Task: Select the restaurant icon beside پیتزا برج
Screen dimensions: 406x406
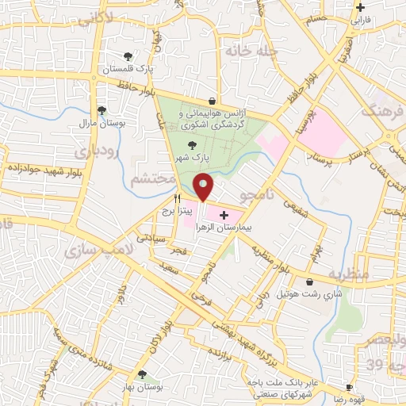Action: (178, 199)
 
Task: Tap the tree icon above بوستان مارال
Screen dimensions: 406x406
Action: (101, 111)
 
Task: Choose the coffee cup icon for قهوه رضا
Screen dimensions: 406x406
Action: (349, 387)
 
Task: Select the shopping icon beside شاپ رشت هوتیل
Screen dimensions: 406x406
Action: (308, 282)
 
